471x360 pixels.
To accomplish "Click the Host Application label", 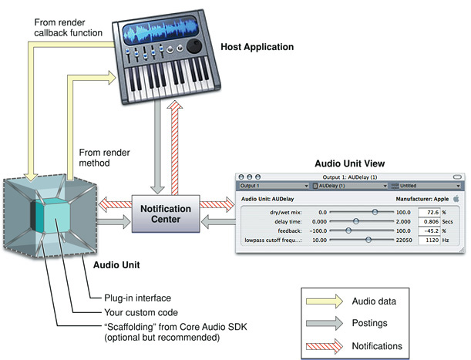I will tap(257, 47).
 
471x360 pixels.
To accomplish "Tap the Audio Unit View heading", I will tap(350, 163).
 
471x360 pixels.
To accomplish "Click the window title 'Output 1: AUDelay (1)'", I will tap(350, 177).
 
